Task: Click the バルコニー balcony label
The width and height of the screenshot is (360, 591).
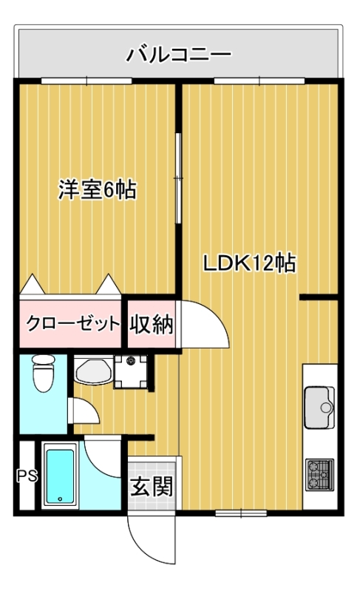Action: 178,55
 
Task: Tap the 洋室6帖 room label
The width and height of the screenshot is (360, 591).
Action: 97,189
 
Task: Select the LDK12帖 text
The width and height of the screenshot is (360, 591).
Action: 250,263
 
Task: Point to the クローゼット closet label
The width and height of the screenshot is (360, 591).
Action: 72,323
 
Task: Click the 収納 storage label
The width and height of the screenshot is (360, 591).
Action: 152,323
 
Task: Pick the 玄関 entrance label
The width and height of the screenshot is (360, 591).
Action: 152,486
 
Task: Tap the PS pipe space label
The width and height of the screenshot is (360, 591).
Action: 27,476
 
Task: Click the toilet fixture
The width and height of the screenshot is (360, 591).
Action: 44,373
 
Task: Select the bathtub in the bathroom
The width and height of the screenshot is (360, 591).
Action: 61,476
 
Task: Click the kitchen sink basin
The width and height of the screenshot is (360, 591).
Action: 319,408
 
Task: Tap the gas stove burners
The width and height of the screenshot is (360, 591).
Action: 319,474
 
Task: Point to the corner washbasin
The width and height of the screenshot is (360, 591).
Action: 93,371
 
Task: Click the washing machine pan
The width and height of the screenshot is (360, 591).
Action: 131,371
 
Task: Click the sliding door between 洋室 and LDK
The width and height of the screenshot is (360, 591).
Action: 178,178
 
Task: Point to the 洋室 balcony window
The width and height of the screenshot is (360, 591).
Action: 86,81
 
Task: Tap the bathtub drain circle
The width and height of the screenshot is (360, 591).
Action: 60,499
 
